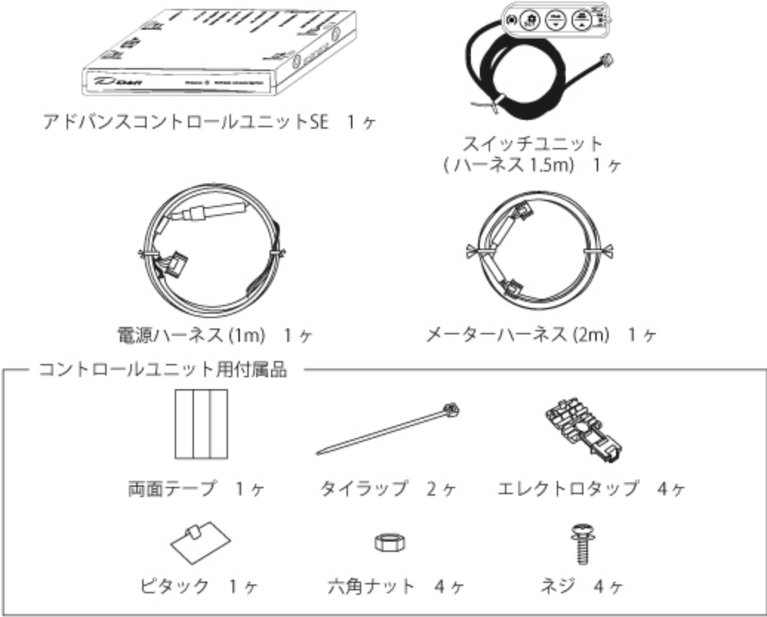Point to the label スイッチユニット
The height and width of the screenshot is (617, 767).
(532, 142)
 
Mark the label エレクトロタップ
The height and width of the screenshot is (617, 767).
(567, 489)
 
